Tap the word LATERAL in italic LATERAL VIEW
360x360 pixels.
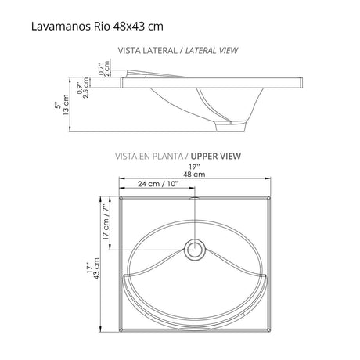pyautogui.click(x=203, y=50)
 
